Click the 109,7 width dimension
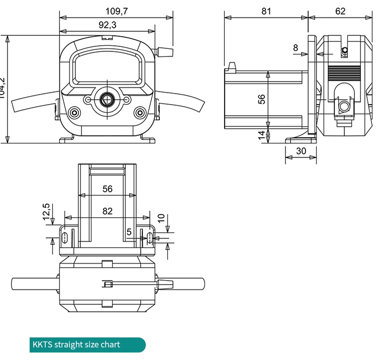(116, 11)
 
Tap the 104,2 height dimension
(3, 89)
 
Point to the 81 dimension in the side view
(266, 11)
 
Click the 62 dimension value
(340, 11)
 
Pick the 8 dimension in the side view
(296, 48)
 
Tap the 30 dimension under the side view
(302, 151)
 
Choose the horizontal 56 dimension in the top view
(108, 189)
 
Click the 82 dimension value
(108, 212)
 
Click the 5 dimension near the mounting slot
(129, 232)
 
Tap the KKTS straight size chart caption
(76, 344)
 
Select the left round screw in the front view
(74, 112)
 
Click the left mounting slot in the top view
(65, 238)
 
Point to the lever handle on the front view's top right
(165, 51)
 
